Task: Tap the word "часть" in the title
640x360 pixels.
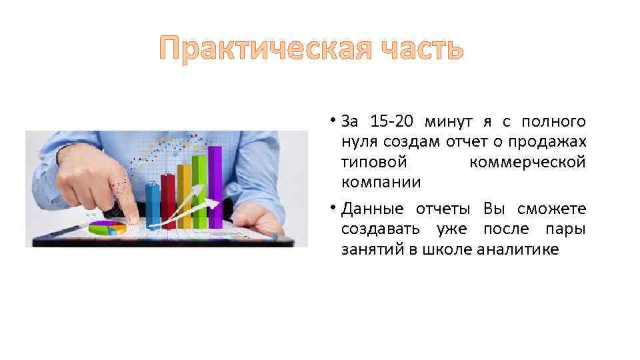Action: pos(413,49)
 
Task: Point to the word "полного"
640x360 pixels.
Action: pos(554,121)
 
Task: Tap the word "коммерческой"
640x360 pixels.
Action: pos(527,161)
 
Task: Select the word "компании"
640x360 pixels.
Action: pos(381,181)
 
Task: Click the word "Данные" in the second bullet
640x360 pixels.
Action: pos(373,209)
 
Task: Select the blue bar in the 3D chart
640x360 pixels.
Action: pos(153,203)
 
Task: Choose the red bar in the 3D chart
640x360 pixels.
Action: pos(168,200)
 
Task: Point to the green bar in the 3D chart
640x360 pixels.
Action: pos(199,183)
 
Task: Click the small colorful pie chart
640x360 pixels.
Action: pos(107,228)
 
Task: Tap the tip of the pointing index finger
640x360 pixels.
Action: pos(133,218)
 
